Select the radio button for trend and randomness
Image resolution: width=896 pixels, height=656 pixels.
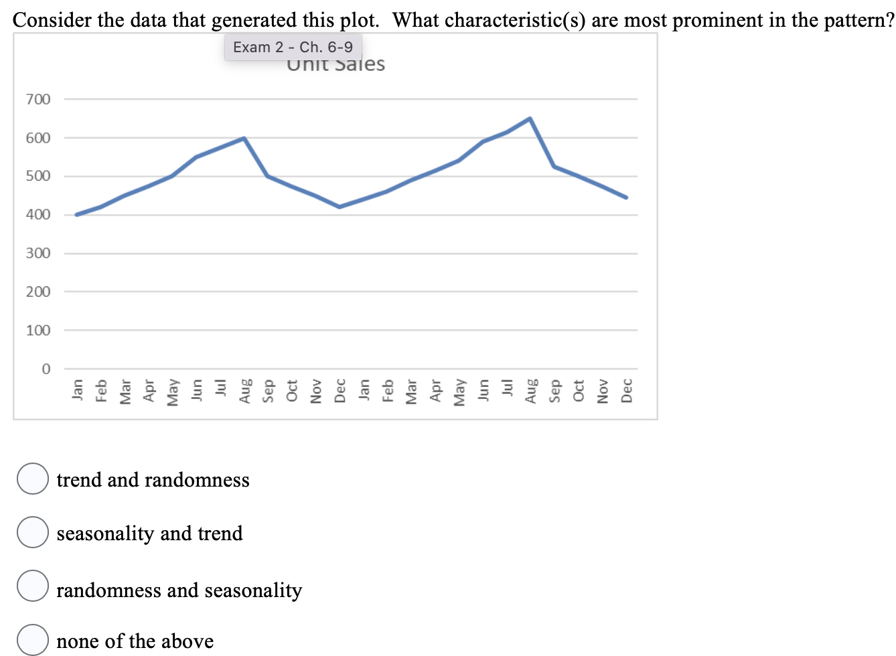[32, 479]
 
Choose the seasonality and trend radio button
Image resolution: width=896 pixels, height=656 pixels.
[32, 532]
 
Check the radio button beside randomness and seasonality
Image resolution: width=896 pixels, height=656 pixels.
[32, 586]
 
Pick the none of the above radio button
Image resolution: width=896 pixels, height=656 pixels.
[32, 639]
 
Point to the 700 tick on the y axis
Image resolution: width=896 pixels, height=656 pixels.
[38, 100]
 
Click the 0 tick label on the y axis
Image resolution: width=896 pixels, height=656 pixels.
[46, 369]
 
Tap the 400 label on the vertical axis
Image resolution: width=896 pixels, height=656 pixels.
[38, 215]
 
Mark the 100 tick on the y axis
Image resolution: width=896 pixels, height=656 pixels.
[38, 331]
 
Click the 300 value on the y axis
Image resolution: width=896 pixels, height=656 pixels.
[38, 254]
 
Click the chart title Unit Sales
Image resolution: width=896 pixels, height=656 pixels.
[336, 65]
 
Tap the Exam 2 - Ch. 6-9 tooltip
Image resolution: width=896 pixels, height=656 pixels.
[293, 47]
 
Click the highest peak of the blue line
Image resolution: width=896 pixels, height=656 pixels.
[530, 118]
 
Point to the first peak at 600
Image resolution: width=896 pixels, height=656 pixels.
[244, 138]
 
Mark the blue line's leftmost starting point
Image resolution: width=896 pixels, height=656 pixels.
[77, 215]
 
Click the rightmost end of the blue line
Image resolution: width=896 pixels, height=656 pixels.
[626, 197]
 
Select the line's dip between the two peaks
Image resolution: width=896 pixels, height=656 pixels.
[340, 207]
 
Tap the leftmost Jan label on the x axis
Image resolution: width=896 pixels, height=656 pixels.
[77, 388]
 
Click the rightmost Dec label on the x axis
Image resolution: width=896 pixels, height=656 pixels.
[627, 390]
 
